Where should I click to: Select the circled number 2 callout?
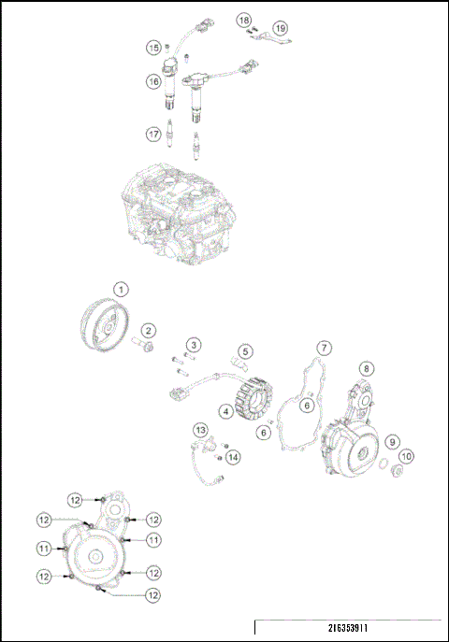pos(149,331)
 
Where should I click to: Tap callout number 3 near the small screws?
pos(193,347)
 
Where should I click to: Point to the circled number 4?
pos(227,409)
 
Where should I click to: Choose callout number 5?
pos(245,352)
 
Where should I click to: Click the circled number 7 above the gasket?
pos(322,348)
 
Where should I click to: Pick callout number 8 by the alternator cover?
pos(368,369)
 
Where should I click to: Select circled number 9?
pos(394,441)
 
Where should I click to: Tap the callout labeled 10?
pos(407,456)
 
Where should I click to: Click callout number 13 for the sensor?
pos(200,430)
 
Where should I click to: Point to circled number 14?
pos(233,456)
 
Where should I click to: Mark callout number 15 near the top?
pos(152,47)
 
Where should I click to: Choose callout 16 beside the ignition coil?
pos(152,82)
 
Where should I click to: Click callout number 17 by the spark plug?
pos(152,135)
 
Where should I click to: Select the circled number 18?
pos(243,20)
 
